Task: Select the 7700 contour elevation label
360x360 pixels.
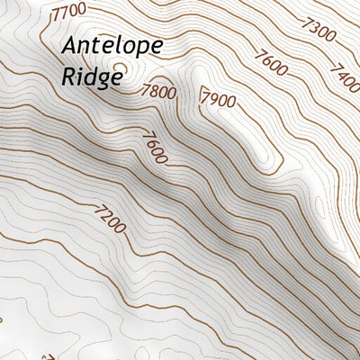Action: coord(70,13)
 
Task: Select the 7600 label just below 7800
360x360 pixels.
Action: coord(153,148)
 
